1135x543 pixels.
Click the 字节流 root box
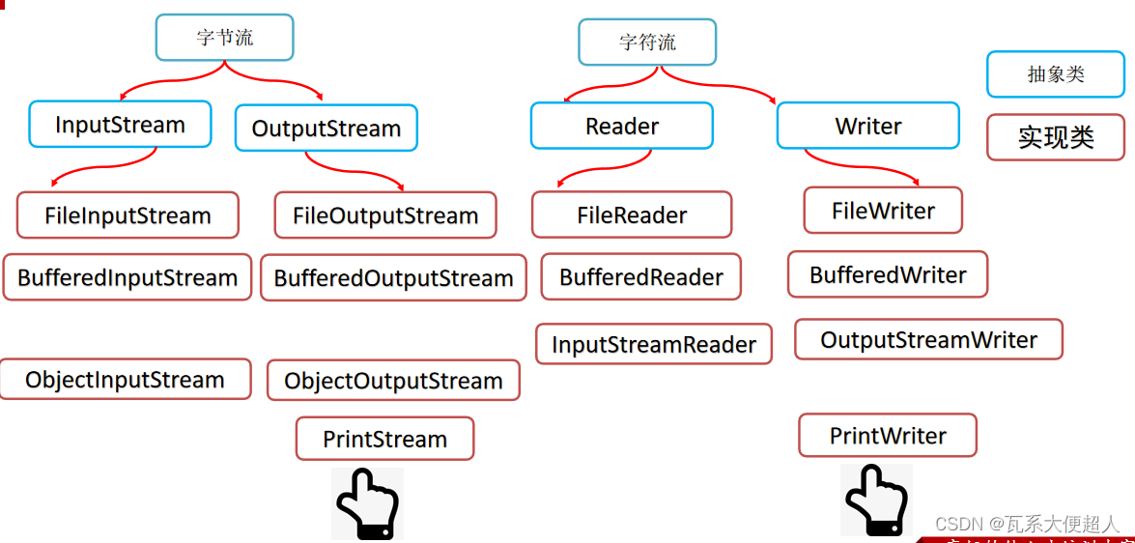(x=224, y=38)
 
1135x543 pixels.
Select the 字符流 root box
(x=647, y=43)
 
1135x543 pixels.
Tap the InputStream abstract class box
(x=120, y=125)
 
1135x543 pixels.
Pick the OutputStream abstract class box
(x=326, y=129)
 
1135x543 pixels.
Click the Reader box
(x=622, y=127)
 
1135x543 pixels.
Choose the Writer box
(x=868, y=127)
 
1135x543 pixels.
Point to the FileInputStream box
(x=128, y=215)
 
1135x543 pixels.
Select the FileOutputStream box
(x=385, y=215)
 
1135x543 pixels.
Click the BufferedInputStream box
(x=128, y=278)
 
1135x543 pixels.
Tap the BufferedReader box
(x=641, y=277)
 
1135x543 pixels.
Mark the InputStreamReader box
(x=654, y=345)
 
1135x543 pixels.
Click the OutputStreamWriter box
(x=928, y=340)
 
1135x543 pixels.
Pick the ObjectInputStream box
(x=125, y=380)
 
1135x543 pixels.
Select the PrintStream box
(x=384, y=440)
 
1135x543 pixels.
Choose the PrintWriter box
(x=888, y=436)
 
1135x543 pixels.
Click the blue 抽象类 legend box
(x=1056, y=74)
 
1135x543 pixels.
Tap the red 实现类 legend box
(x=1056, y=137)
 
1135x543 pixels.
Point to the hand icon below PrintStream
(x=367, y=503)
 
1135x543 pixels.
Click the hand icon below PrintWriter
(x=876, y=500)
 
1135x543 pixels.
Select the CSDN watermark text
(x=1027, y=524)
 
